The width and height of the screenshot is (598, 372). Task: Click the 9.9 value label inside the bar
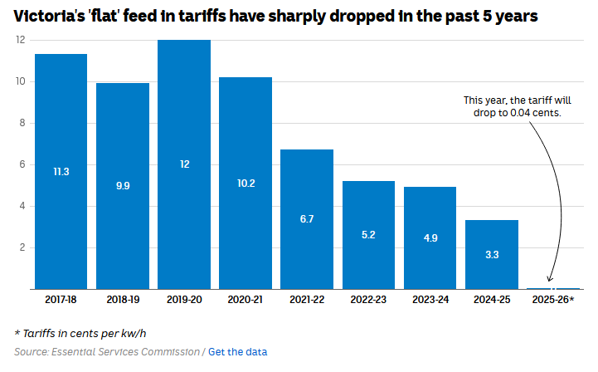[x=123, y=186]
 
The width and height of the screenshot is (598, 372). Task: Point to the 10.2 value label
[x=246, y=183]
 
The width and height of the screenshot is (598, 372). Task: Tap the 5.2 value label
[x=369, y=235]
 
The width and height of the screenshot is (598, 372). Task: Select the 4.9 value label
[x=430, y=238]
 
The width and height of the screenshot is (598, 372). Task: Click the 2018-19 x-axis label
[x=123, y=299]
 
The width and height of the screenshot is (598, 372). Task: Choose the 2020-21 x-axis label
[x=246, y=299]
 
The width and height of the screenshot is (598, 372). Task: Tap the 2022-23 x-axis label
[x=369, y=299]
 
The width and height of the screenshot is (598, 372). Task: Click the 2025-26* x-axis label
[x=553, y=299]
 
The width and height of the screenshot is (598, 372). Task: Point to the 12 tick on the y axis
[x=21, y=40]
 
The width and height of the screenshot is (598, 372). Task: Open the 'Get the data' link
[x=237, y=352]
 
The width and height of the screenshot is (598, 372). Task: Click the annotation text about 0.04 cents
[x=512, y=106]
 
